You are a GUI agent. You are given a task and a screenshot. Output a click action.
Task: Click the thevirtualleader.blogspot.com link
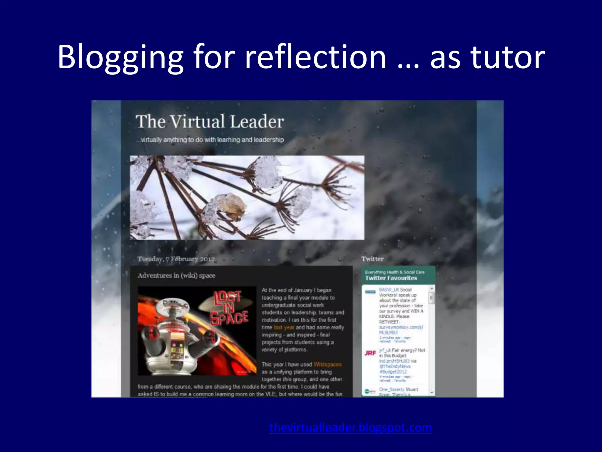pyautogui.click(x=350, y=428)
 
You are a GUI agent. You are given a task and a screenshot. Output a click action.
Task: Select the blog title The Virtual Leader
pyautogui.click(x=210, y=122)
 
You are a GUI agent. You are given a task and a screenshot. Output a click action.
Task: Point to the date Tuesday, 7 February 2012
pyautogui.click(x=176, y=259)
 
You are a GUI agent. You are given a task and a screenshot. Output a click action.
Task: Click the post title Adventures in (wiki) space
pyautogui.click(x=176, y=276)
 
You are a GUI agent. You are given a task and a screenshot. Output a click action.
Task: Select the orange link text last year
pyautogui.click(x=284, y=328)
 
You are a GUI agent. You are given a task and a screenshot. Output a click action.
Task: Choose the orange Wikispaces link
pyautogui.click(x=327, y=365)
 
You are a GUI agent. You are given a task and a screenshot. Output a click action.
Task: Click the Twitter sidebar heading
pyautogui.click(x=372, y=259)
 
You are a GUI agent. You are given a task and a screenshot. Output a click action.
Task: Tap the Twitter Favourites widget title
pyautogui.click(x=391, y=278)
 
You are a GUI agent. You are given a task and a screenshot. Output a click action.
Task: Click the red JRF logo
pyautogui.click(x=370, y=353)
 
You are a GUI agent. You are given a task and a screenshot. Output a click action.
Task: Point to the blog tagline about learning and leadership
pyautogui.click(x=210, y=140)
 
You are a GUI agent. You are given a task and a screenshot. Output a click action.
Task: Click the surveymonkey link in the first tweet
pyautogui.click(x=401, y=327)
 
